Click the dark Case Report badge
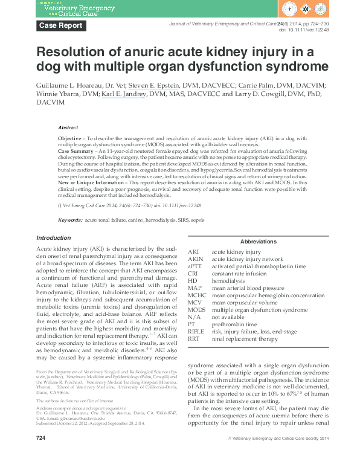tap(60, 25)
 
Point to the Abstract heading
tap(68, 127)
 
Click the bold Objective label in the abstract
tap(69, 139)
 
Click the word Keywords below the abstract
tap(70, 221)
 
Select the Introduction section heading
tap(54, 237)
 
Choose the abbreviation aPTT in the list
tap(194, 266)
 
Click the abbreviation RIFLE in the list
tap(196, 332)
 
